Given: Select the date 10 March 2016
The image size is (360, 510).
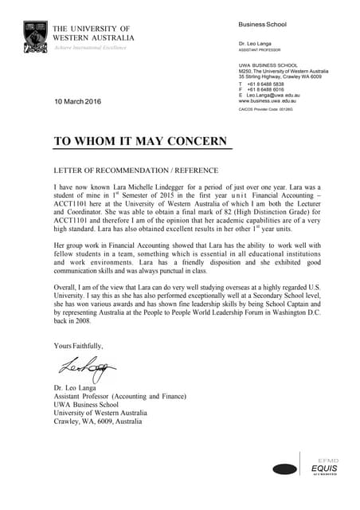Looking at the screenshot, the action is pos(78,101).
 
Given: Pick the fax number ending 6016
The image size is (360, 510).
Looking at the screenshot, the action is pos(266,89).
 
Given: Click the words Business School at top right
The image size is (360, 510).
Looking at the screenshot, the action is pos(256,25).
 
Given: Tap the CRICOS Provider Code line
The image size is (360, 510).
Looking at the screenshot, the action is pos(266,109).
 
